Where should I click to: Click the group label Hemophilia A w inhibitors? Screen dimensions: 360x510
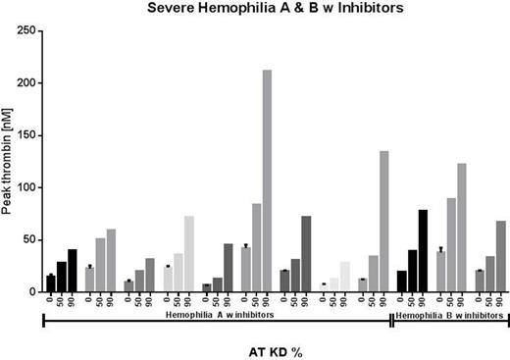[x=218, y=314]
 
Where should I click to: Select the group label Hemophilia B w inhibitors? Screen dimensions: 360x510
[x=450, y=314]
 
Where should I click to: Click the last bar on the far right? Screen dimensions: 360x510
[x=500, y=256]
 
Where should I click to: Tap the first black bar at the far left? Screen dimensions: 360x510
[x=51, y=283]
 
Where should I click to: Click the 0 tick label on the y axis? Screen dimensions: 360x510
[x=34, y=291]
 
